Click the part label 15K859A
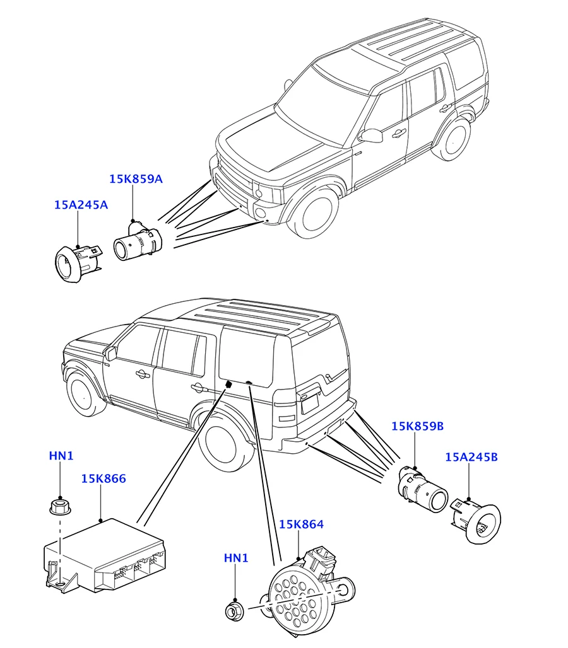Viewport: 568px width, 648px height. tap(136, 179)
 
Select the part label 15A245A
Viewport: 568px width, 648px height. tap(81, 205)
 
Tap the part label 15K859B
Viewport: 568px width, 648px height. tap(417, 427)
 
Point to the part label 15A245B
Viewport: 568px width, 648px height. tap(471, 457)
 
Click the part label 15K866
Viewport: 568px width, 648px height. tap(104, 479)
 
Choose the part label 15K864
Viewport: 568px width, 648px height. tap(301, 524)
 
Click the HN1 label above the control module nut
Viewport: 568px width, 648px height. tap(61, 456)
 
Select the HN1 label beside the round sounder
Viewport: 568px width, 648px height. tap(236, 558)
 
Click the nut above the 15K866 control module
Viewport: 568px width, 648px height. tap(59, 505)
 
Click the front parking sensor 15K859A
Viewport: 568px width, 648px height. tap(136, 242)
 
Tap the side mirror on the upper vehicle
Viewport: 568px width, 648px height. tap(371, 136)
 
